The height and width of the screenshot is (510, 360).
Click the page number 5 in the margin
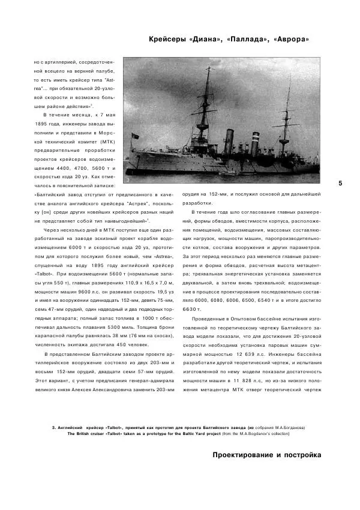tap(340, 183)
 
